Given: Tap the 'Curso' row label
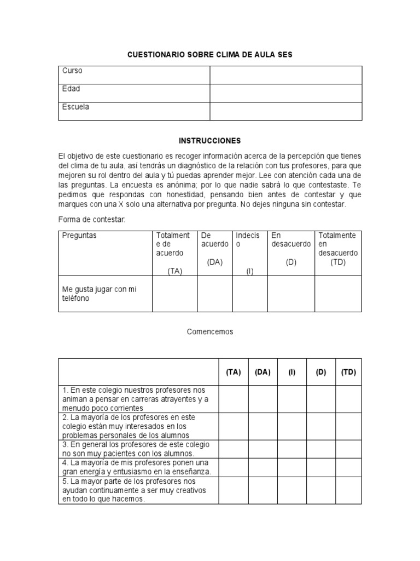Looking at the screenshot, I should point(72,71).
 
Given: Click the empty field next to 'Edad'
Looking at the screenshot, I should point(285,93).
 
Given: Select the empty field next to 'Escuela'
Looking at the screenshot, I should point(285,111).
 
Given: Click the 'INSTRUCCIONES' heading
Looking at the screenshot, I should point(210,141).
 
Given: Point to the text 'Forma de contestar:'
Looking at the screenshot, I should point(92,220).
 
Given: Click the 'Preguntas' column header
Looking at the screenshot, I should point(79,236).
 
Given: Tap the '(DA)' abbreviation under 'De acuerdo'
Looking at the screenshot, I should point(214,262).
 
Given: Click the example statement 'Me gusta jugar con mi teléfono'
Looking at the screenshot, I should point(99,294).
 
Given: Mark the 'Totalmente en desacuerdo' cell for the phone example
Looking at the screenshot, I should point(337,294).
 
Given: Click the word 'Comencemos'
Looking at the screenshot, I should point(210,331).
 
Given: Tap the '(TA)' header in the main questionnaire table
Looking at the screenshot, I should point(234,372).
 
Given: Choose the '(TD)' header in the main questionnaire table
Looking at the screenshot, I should point(348,372).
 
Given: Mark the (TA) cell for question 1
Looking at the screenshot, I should point(234,399).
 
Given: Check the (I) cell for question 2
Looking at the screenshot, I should point(292,426).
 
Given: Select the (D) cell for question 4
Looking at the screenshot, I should point(320,467).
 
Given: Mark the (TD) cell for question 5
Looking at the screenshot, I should point(348,490).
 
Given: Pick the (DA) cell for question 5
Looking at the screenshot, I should point(262,490).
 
